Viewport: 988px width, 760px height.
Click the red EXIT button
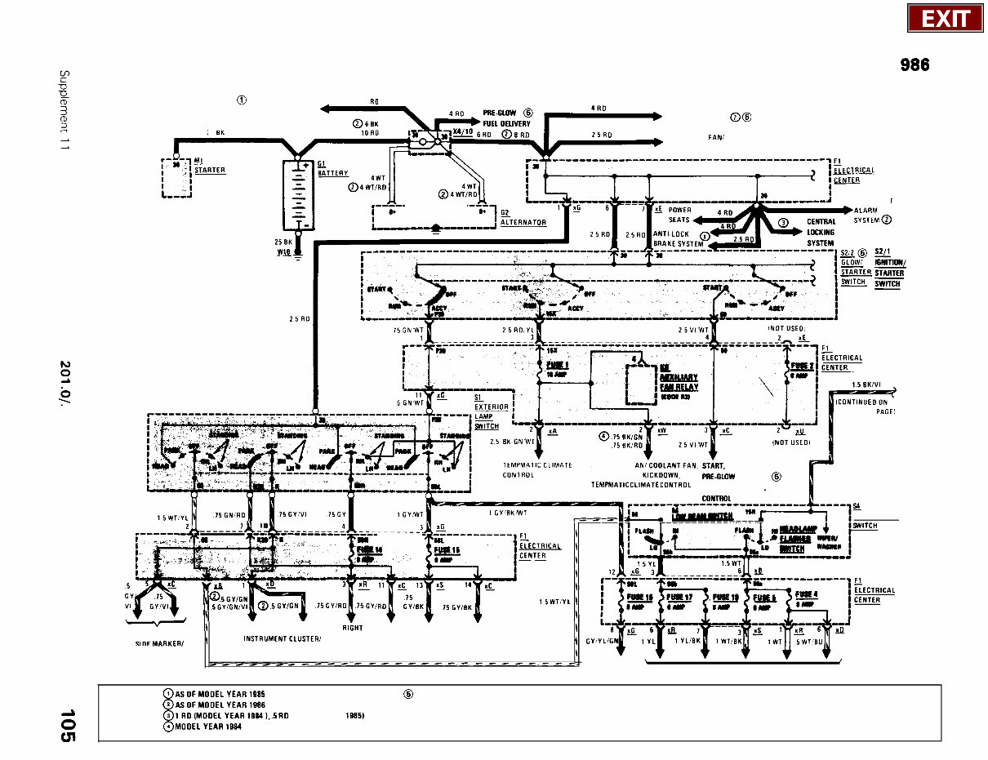pyautogui.click(x=946, y=18)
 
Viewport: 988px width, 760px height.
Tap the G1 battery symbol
pyautogui.click(x=297, y=195)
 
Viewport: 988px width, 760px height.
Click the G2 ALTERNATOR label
pyautogui.click(x=523, y=218)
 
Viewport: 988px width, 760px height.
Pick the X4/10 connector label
pyautogui.click(x=461, y=131)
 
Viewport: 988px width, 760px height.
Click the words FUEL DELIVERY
pyautogui.click(x=506, y=123)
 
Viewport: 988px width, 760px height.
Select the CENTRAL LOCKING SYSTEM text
pyautogui.click(x=821, y=232)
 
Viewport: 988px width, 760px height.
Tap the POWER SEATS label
pyautogui.click(x=679, y=215)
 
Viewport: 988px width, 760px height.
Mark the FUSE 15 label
pyautogui.click(x=447, y=550)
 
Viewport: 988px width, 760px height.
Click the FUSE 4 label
pyautogui.click(x=806, y=594)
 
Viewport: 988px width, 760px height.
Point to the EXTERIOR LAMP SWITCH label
pyautogui.click(x=491, y=411)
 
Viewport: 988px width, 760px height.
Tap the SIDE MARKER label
pyautogui.click(x=160, y=643)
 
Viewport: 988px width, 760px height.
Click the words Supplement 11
pyautogui.click(x=64, y=110)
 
